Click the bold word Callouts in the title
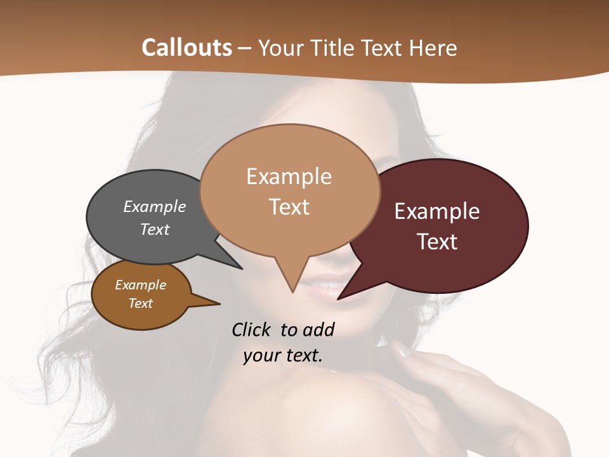pos(187,48)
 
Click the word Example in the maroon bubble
pos(437,211)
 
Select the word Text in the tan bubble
pos(289,207)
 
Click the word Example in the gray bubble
pos(155,206)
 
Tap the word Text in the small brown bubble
pos(141,303)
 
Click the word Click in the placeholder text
pos(252,329)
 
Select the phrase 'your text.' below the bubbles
pos(283,355)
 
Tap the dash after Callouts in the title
pos(245,48)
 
